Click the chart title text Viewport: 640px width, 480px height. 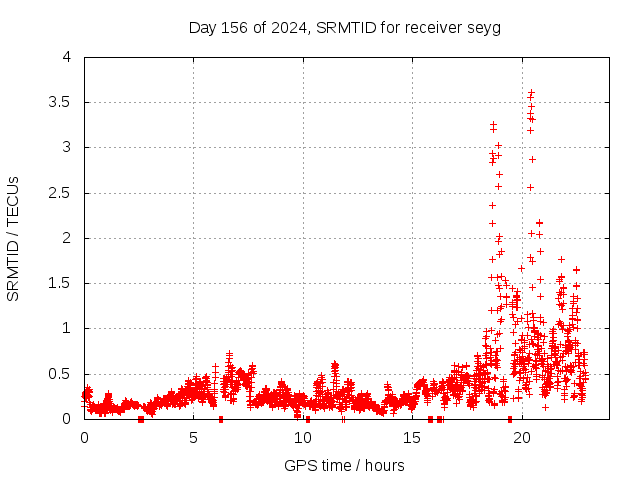[x=345, y=27]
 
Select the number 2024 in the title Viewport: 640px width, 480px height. [x=287, y=27]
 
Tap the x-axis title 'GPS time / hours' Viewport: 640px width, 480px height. [x=344, y=465]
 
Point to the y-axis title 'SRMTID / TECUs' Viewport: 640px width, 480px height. [x=13, y=239]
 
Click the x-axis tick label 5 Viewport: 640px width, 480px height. [x=193, y=438]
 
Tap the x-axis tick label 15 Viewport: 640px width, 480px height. [x=412, y=438]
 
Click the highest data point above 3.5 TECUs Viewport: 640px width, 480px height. [x=531, y=93]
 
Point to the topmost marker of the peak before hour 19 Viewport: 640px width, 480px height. [x=493, y=125]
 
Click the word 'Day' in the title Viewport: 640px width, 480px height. [x=202, y=27]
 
